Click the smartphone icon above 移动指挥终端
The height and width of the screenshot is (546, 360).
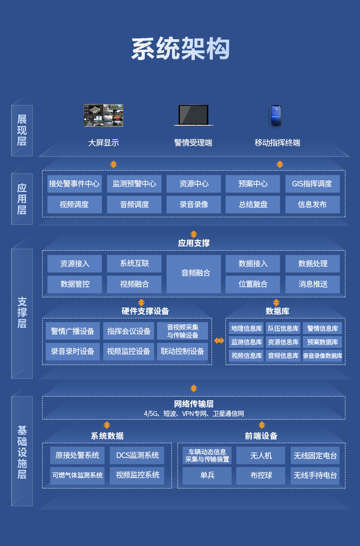(x=276, y=116)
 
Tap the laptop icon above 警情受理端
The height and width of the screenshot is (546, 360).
(x=194, y=115)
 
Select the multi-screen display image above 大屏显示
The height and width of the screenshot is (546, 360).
(x=103, y=115)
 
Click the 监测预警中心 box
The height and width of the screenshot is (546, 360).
(x=134, y=184)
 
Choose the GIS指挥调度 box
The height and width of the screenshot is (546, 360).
(x=312, y=184)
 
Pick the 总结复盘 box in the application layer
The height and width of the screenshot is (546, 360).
(x=252, y=204)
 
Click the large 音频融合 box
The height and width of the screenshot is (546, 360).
(x=194, y=274)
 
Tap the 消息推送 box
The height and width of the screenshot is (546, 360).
(x=312, y=284)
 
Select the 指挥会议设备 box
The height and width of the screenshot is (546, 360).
(x=128, y=331)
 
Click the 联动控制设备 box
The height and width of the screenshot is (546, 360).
(x=182, y=352)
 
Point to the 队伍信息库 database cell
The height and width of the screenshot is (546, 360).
(x=283, y=328)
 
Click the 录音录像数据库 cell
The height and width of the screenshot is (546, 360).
(x=322, y=356)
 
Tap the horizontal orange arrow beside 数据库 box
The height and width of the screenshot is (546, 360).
(x=219, y=340)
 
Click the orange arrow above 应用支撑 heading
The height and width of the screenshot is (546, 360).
(x=194, y=234)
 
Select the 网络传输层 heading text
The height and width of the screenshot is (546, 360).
(x=194, y=404)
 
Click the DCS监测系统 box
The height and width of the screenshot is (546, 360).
(x=137, y=455)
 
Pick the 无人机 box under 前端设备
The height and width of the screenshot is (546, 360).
(x=260, y=455)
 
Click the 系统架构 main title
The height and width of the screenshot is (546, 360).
(x=180, y=49)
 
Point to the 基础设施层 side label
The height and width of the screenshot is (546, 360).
(x=22, y=452)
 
